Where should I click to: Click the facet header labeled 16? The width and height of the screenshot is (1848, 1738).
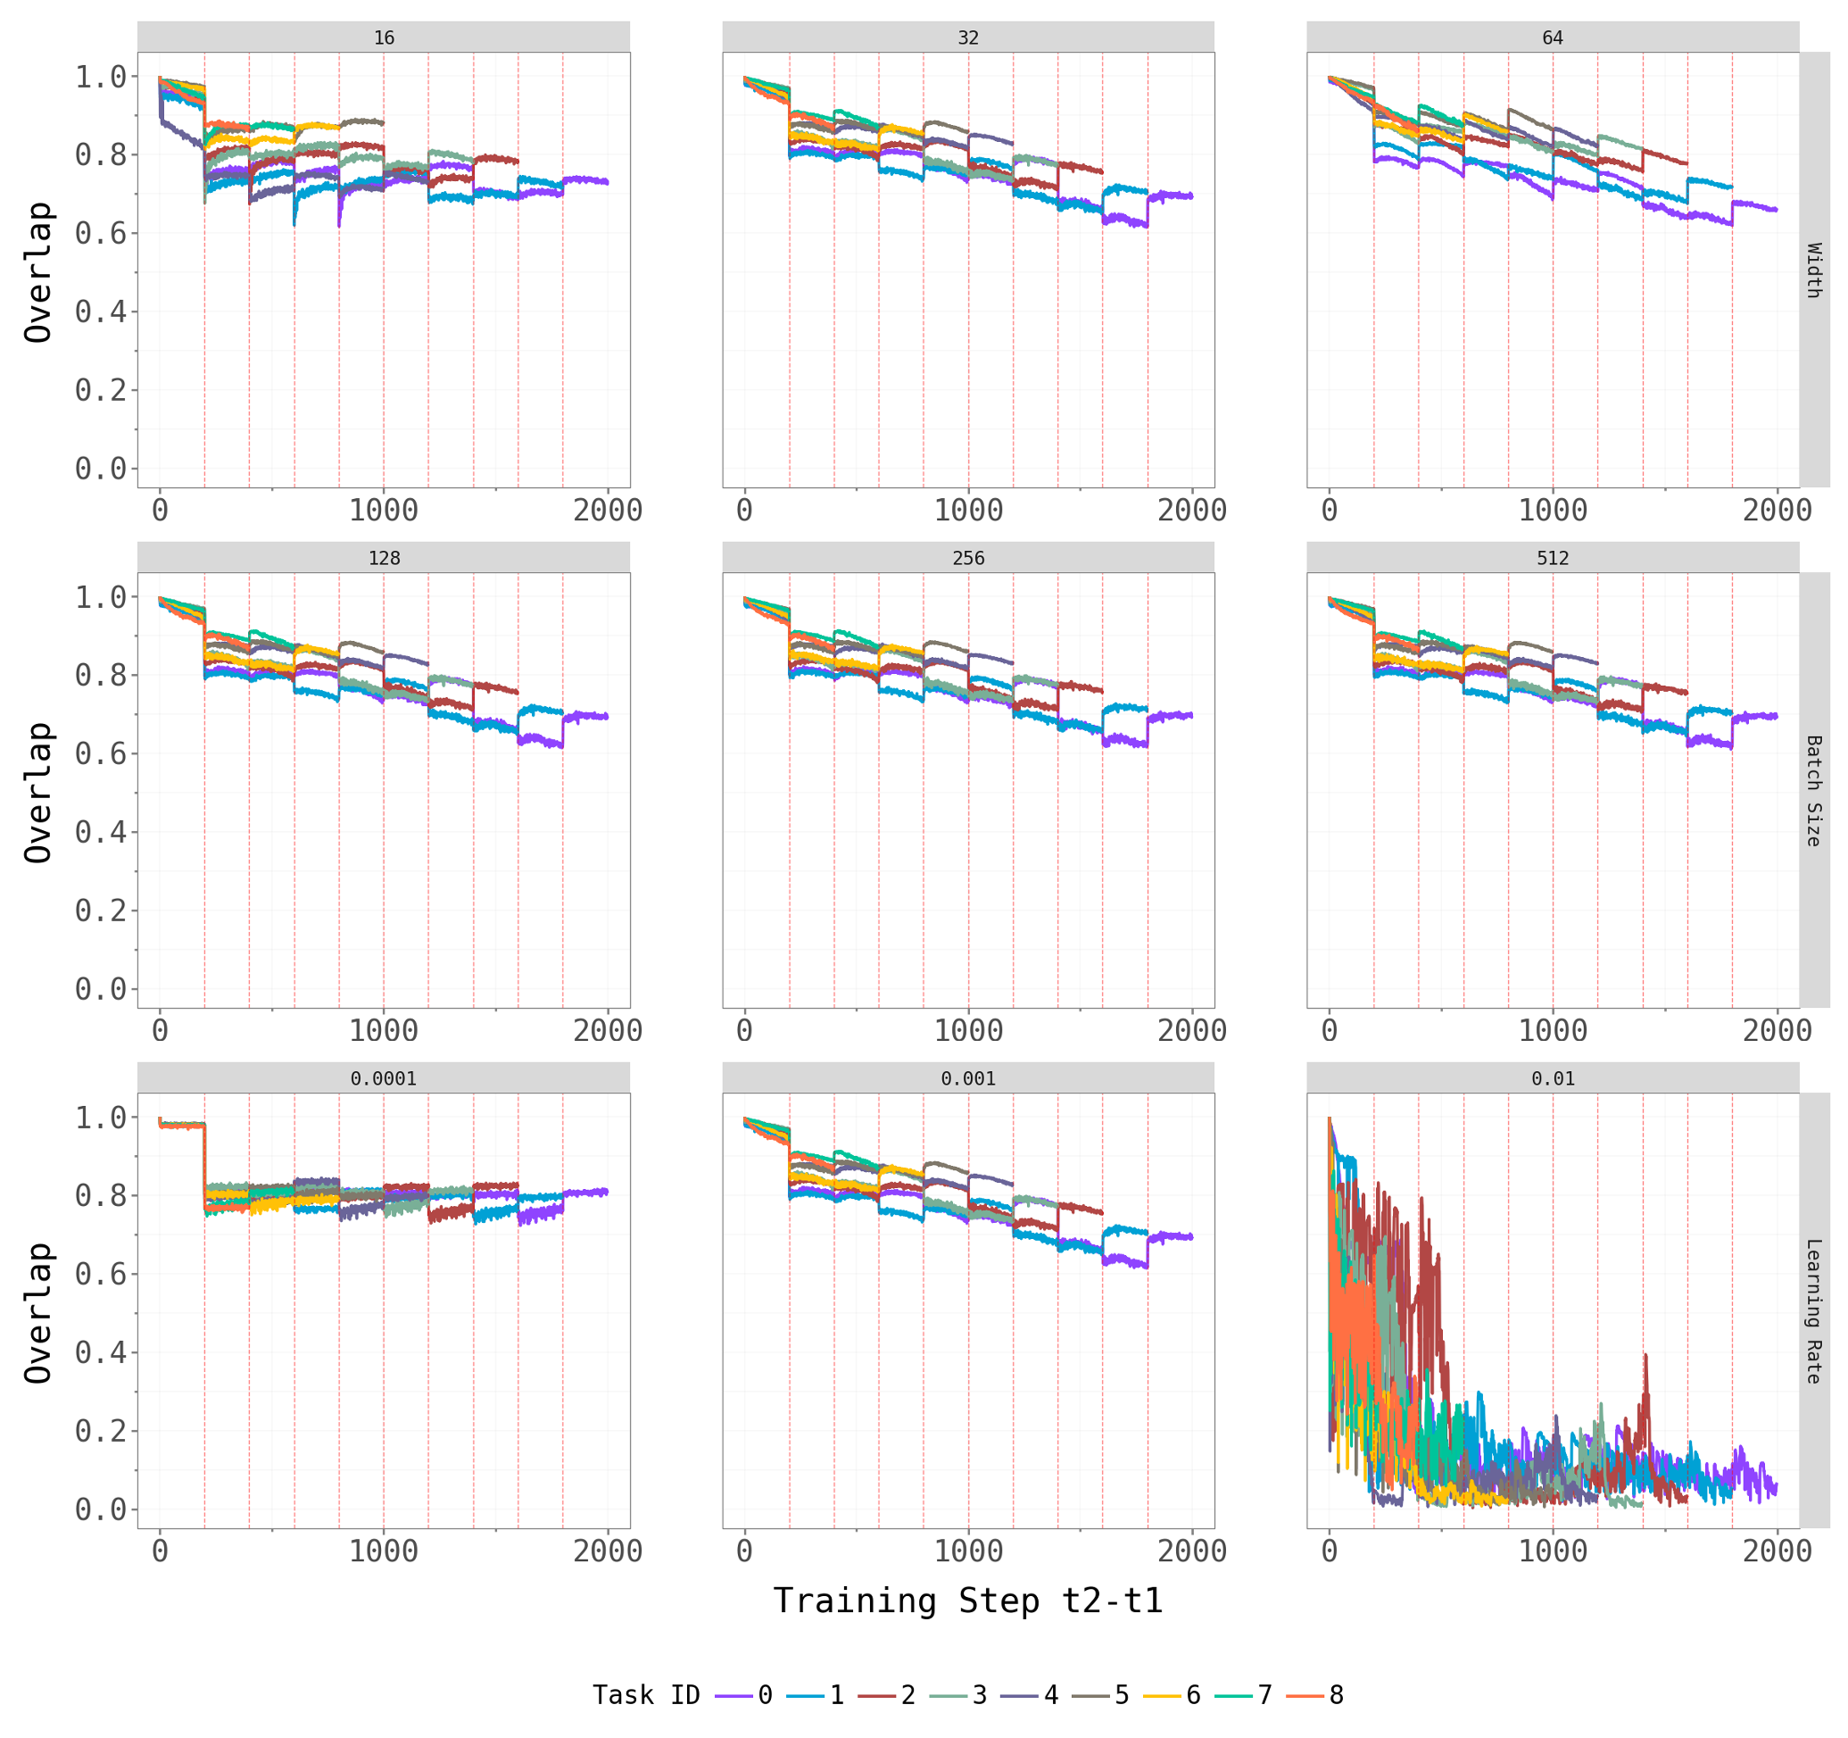point(383,37)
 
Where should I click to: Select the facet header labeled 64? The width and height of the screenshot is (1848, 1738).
point(1552,37)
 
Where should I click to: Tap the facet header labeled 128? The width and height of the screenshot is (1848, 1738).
point(383,558)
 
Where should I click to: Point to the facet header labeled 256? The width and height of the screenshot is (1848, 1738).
point(967,558)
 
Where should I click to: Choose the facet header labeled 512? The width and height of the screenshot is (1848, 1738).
point(1552,558)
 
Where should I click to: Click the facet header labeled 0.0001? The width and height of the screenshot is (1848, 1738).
point(383,1077)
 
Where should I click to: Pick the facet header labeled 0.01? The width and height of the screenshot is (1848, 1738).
point(1552,1077)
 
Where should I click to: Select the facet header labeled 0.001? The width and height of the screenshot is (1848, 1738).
point(967,1077)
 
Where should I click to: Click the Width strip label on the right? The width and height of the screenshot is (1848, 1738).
point(1813,270)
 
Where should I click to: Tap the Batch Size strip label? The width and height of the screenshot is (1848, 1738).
point(1813,790)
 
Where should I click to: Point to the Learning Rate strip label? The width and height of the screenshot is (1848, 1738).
point(1813,1310)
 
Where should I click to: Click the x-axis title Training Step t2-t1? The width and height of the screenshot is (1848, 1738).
point(967,1601)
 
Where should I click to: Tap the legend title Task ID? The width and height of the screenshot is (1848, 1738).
point(646,1695)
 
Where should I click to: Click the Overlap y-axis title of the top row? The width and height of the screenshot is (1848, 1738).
point(39,271)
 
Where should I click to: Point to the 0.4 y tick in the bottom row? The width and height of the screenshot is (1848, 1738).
point(101,1352)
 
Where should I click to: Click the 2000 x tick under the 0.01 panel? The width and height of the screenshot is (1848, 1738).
point(1777,1551)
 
